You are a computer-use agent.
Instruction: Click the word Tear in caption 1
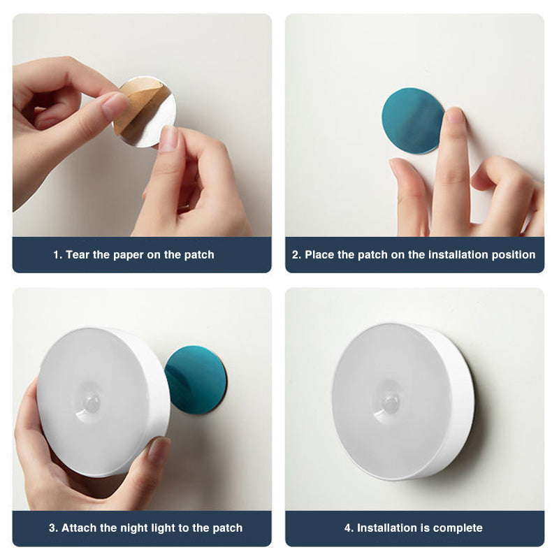pyautogui.click(x=78, y=255)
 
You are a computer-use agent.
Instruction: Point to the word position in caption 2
pyautogui.click(x=513, y=255)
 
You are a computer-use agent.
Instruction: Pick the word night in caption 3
pyautogui.click(x=151, y=528)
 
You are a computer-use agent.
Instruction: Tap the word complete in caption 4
pyautogui.click(x=458, y=528)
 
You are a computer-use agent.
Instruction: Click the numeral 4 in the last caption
pyautogui.click(x=347, y=528)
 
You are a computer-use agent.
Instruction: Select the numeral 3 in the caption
pyautogui.click(x=52, y=528)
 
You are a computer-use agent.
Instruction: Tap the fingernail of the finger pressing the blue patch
pyautogui.click(x=454, y=115)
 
